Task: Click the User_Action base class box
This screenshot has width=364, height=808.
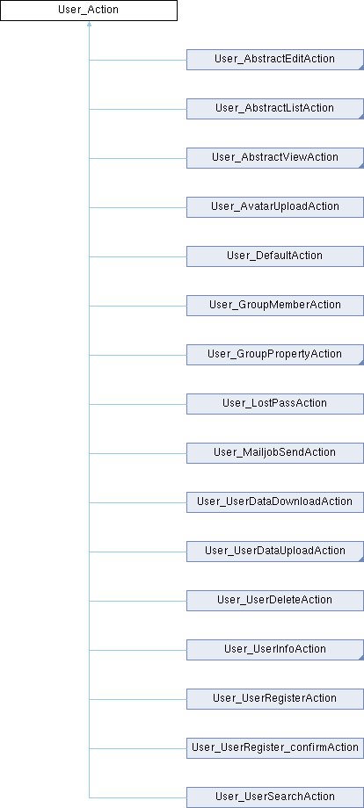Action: point(89,11)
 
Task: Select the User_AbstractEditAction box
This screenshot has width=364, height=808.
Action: point(275,59)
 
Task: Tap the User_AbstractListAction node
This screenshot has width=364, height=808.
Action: point(275,109)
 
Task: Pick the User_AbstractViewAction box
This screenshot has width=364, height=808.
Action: point(275,158)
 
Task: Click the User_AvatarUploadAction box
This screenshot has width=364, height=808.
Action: point(275,207)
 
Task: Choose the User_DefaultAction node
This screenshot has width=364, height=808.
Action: point(275,256)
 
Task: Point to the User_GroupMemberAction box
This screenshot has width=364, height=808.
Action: point(275,306)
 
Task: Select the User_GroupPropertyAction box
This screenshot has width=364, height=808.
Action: point(275,355)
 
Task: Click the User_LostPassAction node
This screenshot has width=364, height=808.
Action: point(275,404)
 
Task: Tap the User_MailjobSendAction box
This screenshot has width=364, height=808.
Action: point(275,453)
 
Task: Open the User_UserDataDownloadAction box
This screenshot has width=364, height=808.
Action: point(275,502)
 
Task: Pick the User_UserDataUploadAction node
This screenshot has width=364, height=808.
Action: point(275,552)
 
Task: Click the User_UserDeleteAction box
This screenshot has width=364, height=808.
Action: point(275,601)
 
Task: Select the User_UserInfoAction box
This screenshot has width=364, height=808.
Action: point(275,650)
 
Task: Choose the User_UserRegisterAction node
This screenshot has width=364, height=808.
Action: point(275,699)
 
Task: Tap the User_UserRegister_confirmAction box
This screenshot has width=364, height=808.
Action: point(275,748)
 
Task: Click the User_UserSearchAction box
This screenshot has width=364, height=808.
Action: point(275,797)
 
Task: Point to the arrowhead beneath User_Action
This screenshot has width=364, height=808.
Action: point(89,24)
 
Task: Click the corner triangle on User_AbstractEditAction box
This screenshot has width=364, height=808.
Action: point(361,67)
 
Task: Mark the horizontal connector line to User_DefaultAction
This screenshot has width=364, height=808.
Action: point(138,256)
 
